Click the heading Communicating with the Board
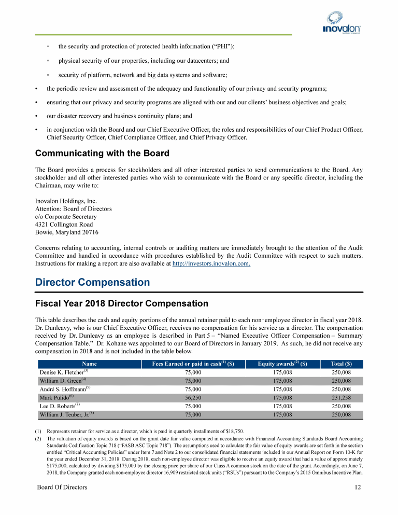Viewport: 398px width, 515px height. click(102, 154)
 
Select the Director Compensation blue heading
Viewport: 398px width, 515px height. click(92, 283)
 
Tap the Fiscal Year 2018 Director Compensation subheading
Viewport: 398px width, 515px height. click(121, 303)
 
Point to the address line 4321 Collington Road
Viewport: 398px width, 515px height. click(64, 225)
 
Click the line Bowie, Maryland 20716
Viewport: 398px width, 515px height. click(67, 232)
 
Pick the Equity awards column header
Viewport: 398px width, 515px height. click(282, 364)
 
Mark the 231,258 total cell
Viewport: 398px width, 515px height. click(340, 398)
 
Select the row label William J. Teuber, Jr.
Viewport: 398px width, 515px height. click(65, 414)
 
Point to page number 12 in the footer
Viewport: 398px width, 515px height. click(358, 488)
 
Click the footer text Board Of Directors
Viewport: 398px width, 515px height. click(62, 488)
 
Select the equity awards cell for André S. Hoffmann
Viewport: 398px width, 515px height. click(282, 389)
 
